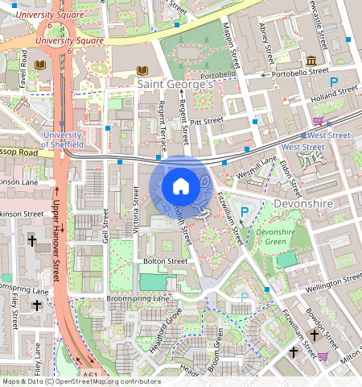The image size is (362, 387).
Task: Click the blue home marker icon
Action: [x=181, y=186]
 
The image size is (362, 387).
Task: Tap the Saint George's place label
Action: [x=175, y=83]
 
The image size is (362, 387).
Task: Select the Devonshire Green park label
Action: [x=276, y=237]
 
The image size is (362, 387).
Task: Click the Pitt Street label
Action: [x=207, y=120]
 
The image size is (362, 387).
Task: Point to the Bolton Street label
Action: [x=165, y=261]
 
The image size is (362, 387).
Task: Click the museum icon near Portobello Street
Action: [x=311, y=61]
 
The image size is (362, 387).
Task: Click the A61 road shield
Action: [x=91, y=375]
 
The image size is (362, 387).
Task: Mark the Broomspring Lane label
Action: [x=138, y=298]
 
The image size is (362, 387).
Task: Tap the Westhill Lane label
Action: [x=257, y=166]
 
